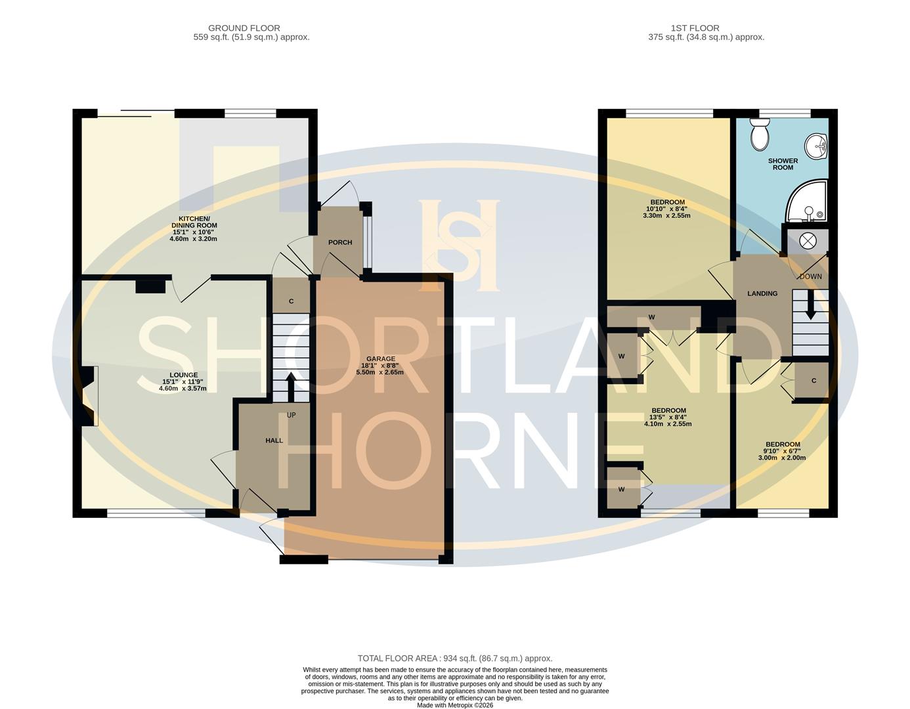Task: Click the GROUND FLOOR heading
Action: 244,28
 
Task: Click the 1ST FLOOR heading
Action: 695,28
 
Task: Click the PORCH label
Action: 340,242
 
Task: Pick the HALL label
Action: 274,440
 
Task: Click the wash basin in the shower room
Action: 818,146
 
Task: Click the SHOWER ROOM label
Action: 783,164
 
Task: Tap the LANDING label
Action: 762,293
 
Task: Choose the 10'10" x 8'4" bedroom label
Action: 668,209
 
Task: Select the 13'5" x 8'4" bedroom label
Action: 668,417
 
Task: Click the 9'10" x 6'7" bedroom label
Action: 782,451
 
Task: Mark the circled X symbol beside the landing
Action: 808,241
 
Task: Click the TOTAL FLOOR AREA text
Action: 455,658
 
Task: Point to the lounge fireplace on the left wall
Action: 90,397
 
